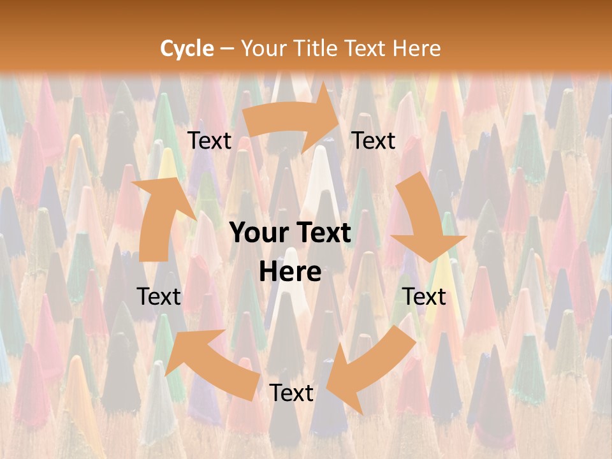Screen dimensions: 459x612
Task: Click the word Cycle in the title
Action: pos(187,48)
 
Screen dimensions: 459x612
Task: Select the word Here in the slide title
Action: pos(416,48)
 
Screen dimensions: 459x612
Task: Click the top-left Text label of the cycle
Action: pos(209,141)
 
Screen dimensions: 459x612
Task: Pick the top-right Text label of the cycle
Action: pos(374,141)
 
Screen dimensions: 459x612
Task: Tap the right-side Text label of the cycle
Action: pos(424,296)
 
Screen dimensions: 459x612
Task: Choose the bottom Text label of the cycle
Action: pos(291,393)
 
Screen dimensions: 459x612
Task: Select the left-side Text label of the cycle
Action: pos(159,296)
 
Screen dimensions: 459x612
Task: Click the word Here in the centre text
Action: pos(290,272)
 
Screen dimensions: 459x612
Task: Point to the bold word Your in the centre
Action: pos(256,233)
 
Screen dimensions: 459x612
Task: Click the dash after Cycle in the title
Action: pos(227,48)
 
